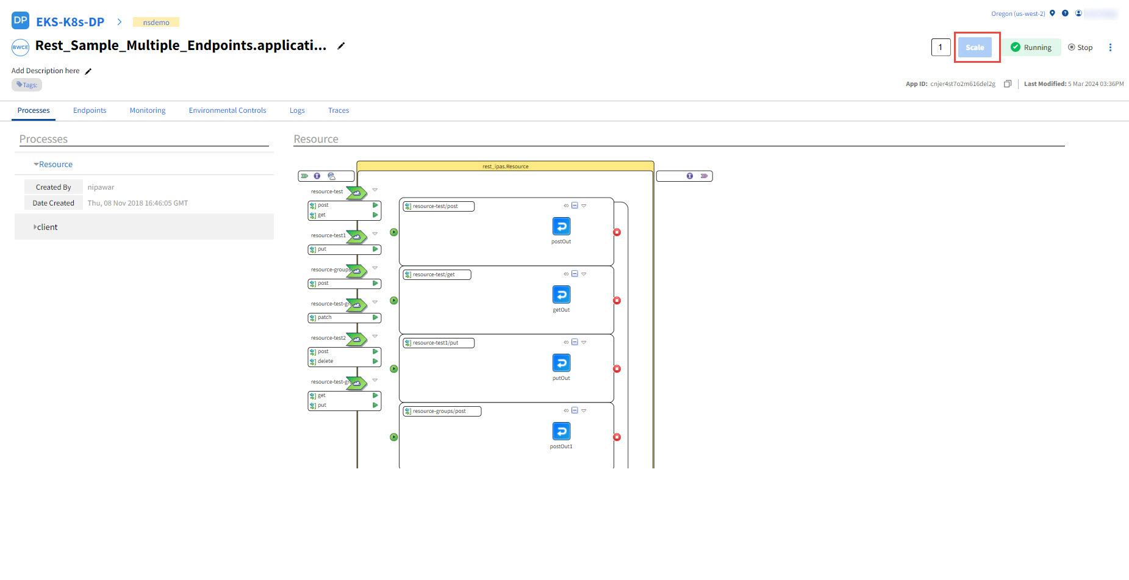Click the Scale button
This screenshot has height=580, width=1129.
click(x=975, y=48)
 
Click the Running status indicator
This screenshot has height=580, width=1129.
click(x=1031, y=48)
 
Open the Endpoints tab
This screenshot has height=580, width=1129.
click(x=90, y=110)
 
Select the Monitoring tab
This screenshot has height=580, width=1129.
click(x=148, y=110)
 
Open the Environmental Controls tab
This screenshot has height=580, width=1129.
click(x=228, y=110)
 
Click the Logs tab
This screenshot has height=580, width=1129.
click(x=297, y=110)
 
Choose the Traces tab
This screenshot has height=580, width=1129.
click(x=339, y=110)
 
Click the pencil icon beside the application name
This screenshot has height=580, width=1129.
click(x=342, y=46)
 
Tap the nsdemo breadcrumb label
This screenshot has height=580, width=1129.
click(x=156, y=23)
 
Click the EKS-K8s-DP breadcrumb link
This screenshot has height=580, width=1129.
click(x=70, y=22)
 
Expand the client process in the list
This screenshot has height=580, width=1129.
click(x=47, y=227)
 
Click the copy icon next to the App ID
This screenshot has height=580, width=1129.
click(x=1008, y=84)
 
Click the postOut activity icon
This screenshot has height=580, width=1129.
click(x=561, y=226)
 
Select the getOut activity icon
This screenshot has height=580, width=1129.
click(x=561, y=295)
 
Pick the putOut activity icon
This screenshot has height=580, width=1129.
click(x=561, y=363)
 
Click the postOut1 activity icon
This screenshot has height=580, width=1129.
click(x=561, y=431)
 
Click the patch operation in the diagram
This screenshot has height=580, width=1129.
click(x=325, y=318)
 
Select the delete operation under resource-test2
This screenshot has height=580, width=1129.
click(x=326, y=361)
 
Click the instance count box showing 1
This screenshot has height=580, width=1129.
click(x=941, y=48)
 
